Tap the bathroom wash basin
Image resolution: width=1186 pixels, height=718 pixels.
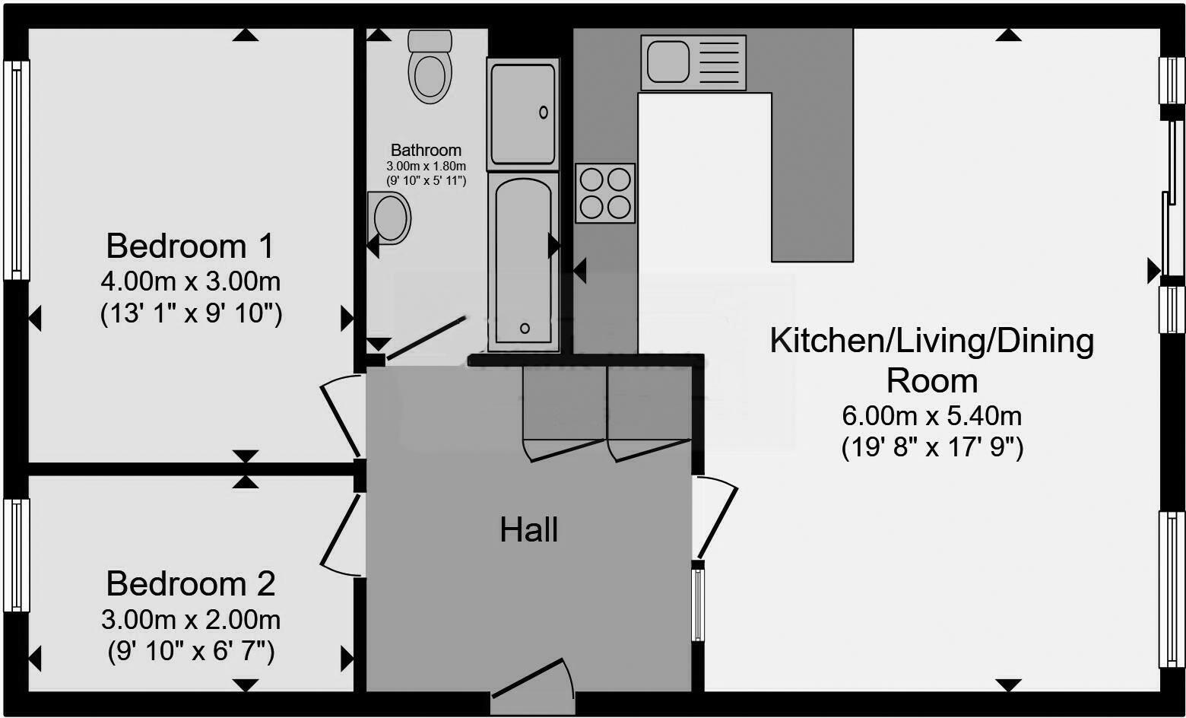pyautogui.click(x=390, y=218)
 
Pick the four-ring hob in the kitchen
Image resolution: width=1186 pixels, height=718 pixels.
pyautogui.click(x=605, y=193)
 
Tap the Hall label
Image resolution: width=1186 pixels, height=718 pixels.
pyautogui.click(x=529, y=530)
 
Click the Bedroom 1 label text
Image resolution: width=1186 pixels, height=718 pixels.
pyautogui.click(x=190, y=246)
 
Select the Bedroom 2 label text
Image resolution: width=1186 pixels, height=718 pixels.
pyautogui.click(x=190, y=584)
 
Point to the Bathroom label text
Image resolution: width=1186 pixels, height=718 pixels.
pyautogui.click(x=426, y=151)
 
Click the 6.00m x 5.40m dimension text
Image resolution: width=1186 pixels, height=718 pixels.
pyautogui.click(x=931, y=416)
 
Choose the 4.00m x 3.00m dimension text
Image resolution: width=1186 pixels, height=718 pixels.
pyautogui.click(x=190, y=282)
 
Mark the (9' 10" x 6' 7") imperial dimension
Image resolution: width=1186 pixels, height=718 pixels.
pyautogui.click(x=190, y=652)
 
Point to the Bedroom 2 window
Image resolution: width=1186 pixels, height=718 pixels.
pyautogui.click(x=16, y=555)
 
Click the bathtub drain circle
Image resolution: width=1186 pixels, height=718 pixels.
pyautogui.click(x=525, y=329)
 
